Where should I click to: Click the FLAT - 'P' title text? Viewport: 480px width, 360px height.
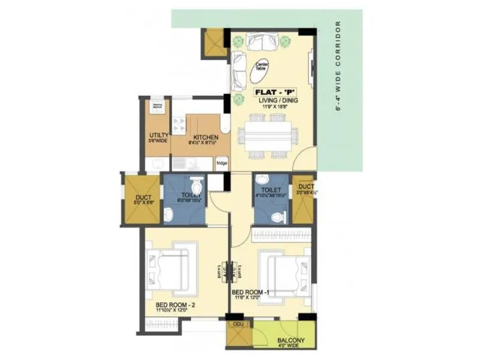[x=271, y=92]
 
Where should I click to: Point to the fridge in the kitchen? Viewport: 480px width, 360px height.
[x=221, y=163]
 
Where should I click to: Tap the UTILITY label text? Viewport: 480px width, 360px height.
[x=158, y=136]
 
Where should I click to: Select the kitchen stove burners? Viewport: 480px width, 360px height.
[x=179, y=124]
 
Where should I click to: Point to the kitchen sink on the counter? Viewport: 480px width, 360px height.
[x=158, y=164]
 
